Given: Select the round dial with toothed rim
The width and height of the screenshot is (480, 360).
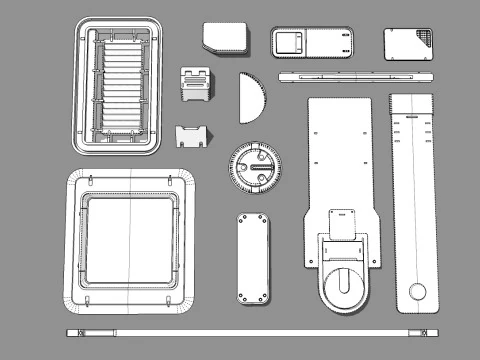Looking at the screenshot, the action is pyautogui.click(x=255, y=167).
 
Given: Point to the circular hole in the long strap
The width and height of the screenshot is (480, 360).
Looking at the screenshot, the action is pyautogui.click(x=416, y=291).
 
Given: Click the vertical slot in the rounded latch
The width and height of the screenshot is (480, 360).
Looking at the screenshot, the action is pyautogui.click(x=343, y=284).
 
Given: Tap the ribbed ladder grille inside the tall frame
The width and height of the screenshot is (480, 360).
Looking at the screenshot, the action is pyautogui.click(x=120, y=86).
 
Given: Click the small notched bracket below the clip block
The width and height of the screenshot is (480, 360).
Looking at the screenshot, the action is pyautogui.click(x=193, y=134).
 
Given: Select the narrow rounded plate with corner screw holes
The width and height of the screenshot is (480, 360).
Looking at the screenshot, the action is pyautogui.click(x=253, y=258).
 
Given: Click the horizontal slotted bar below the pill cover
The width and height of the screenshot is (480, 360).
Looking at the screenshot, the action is pyautogui.click(x=356, y=75).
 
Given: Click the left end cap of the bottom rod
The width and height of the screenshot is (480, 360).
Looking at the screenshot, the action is pyautogui.click(x=72, y=330).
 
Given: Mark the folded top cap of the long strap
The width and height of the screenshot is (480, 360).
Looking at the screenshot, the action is pyautogui.click(x=411, y=102).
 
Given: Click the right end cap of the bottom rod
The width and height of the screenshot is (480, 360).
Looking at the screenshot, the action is pyautogui.click(x=425, y=330).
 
